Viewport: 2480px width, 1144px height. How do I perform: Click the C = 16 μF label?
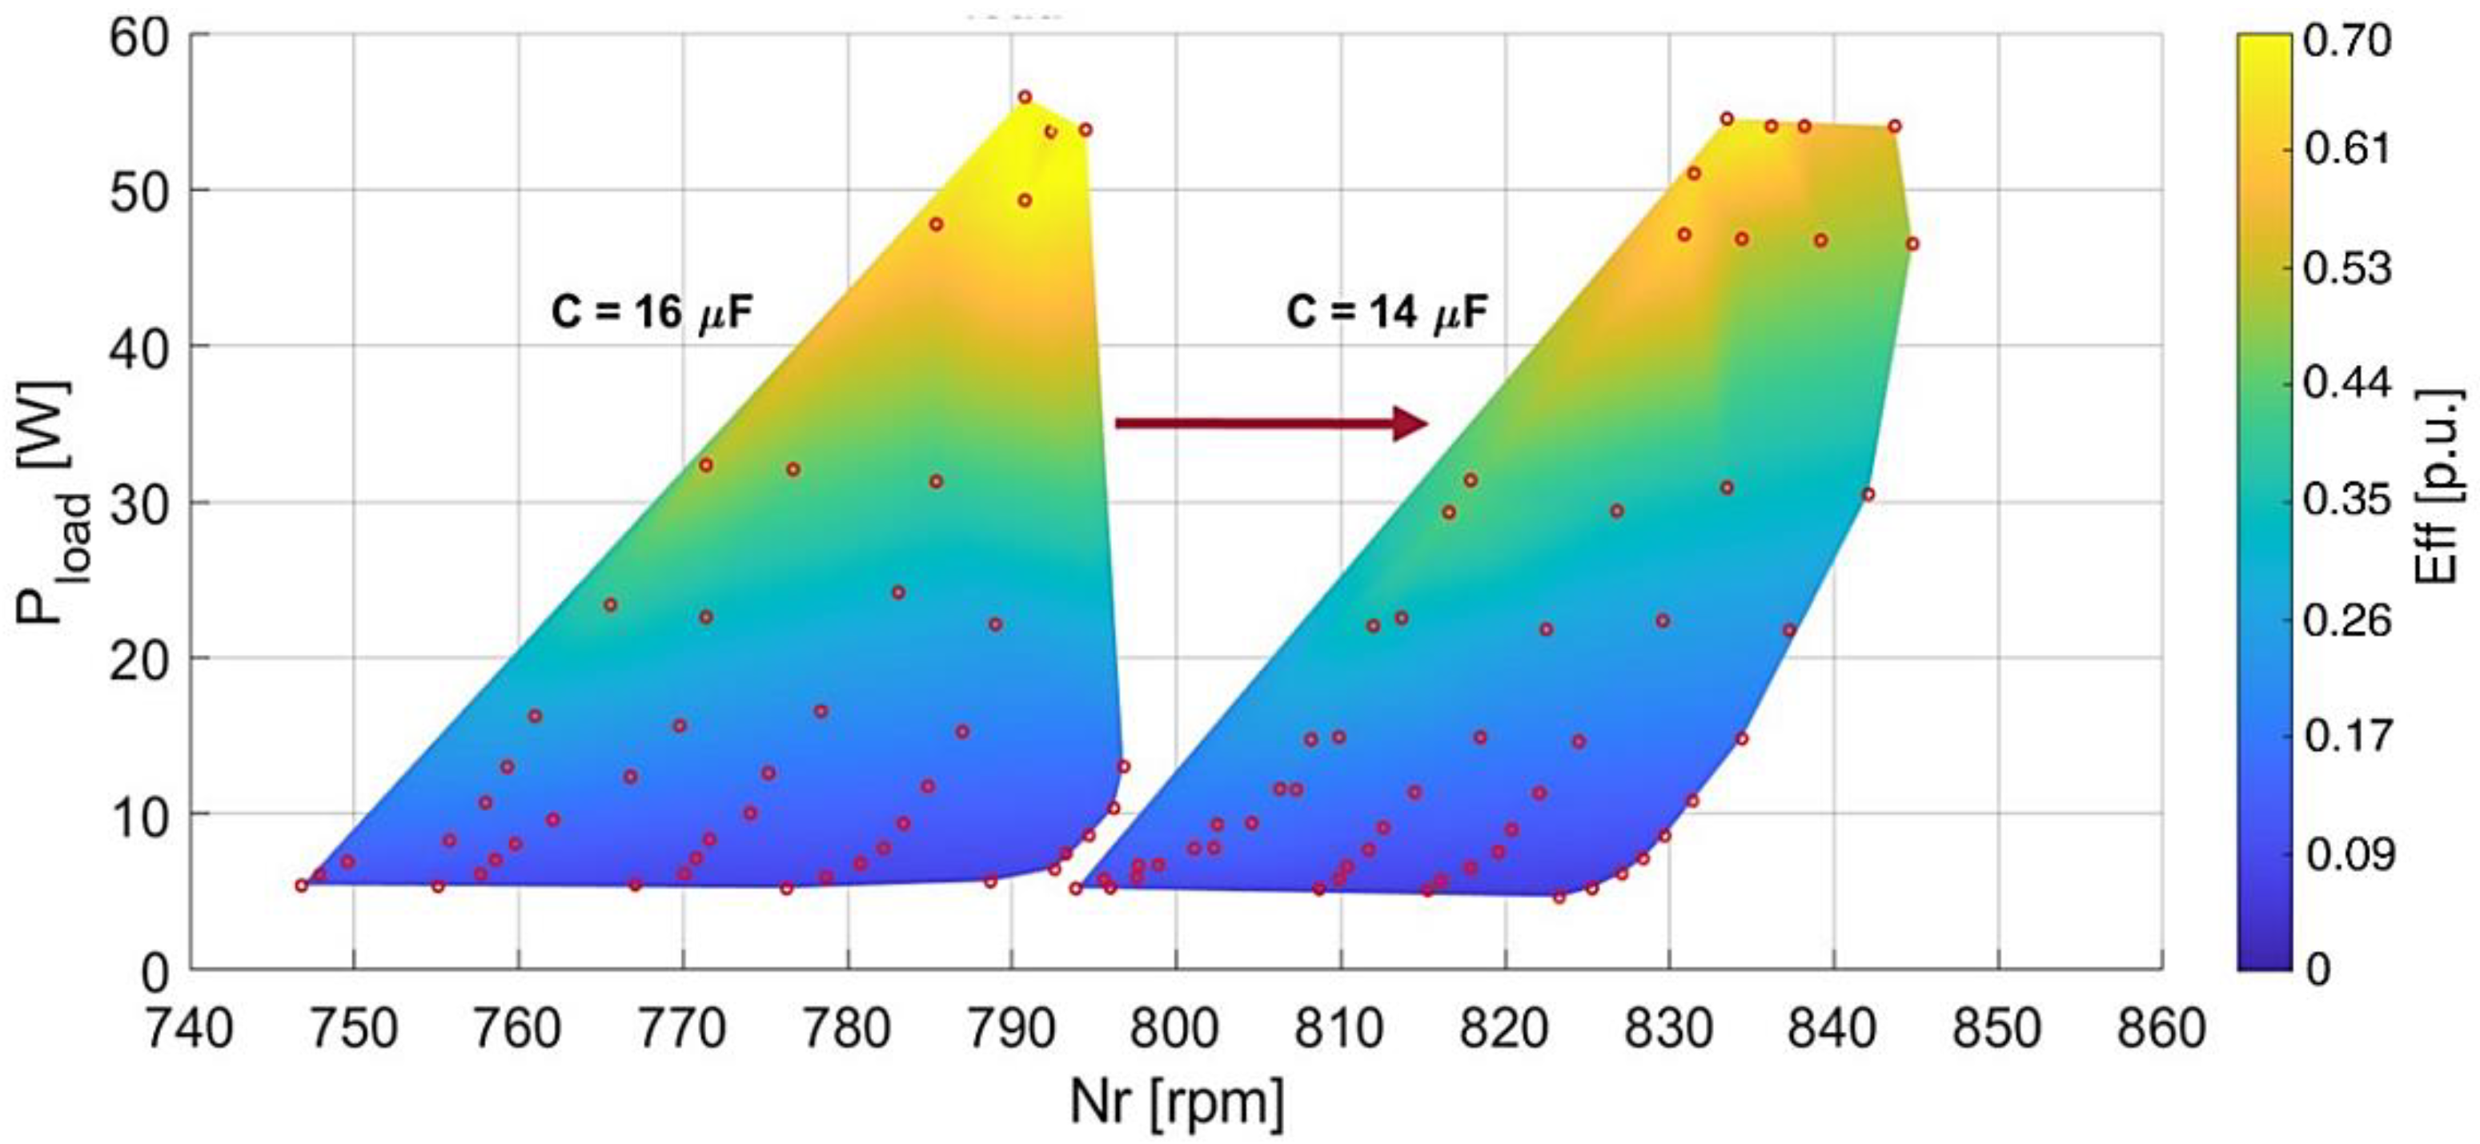tap(652, 313)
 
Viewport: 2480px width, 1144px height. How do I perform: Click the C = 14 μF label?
tap(1387, 313)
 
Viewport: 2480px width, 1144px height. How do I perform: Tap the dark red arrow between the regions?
tap(1270, 423)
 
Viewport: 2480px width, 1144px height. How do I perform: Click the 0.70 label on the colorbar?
tap(2346, 42)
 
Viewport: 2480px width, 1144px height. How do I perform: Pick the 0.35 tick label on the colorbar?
tap(2346, 500)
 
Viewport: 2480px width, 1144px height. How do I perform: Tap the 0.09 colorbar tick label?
tap(2346, 853)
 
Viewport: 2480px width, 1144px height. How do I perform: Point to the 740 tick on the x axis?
tap(189, 1029)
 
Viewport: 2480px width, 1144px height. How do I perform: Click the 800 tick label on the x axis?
tap(1174, 1029)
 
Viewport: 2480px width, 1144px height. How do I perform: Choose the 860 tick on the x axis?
tap(2161, 1029)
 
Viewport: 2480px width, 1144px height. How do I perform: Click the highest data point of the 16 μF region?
tap(1025, 97)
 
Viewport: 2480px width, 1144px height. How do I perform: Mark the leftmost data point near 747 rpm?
tap(301, 885)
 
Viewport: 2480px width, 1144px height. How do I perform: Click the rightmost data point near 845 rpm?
tap(1912, 243)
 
